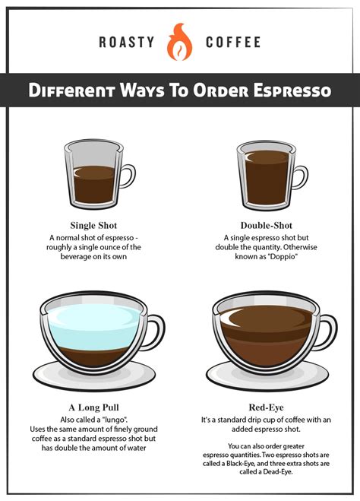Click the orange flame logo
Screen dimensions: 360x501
pyautogui.click(x=180, y=42)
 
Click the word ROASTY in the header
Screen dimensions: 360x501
pyautogui.click(x=127, y=42)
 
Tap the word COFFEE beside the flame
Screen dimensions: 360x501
pyautogui.click(x=233, y=42)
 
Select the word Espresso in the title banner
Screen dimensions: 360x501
pyautogui.click(x=292, y=90)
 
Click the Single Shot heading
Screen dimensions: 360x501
pyautogui.click(x=93, y=225)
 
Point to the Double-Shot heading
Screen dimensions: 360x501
pyautogui.click(x=266, y=225)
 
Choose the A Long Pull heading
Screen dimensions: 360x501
pyautogui.click(x=93, y=407)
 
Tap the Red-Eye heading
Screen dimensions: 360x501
pyautogui.click(x=266, y=407)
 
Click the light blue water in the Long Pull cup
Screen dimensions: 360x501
pyautogui.click(x=94, y=326)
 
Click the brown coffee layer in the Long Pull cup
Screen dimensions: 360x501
pyautogui.click(x=94, y=356)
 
